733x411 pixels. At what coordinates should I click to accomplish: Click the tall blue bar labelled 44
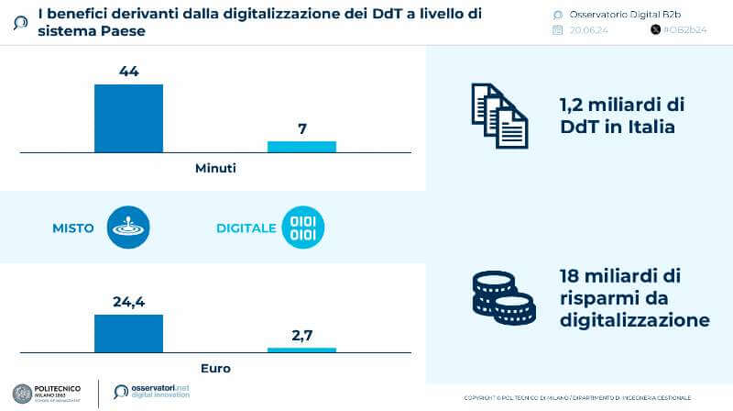pos(128,117)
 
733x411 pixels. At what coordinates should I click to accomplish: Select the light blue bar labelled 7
pos(301,146)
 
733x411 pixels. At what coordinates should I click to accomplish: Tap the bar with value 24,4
pos(128,333)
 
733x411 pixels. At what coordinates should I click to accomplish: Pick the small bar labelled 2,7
pos(301,350)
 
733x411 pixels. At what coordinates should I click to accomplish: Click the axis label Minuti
pos(215,168)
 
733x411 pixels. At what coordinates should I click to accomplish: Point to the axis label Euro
pos(215,368)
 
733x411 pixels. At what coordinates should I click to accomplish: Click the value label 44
pos(128,71)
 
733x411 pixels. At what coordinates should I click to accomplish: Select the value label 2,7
pos(301,335)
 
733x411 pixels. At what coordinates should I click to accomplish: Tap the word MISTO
pos(73,228)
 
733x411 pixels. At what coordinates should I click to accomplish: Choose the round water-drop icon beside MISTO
pos(127,228)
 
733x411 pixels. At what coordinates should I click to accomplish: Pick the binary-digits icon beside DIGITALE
pos(302,228)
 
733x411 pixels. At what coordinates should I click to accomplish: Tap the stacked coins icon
pos(503,297)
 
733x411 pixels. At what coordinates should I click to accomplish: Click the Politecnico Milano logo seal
pos(22,392)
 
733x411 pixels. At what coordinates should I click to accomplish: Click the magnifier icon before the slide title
pos(21,22)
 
